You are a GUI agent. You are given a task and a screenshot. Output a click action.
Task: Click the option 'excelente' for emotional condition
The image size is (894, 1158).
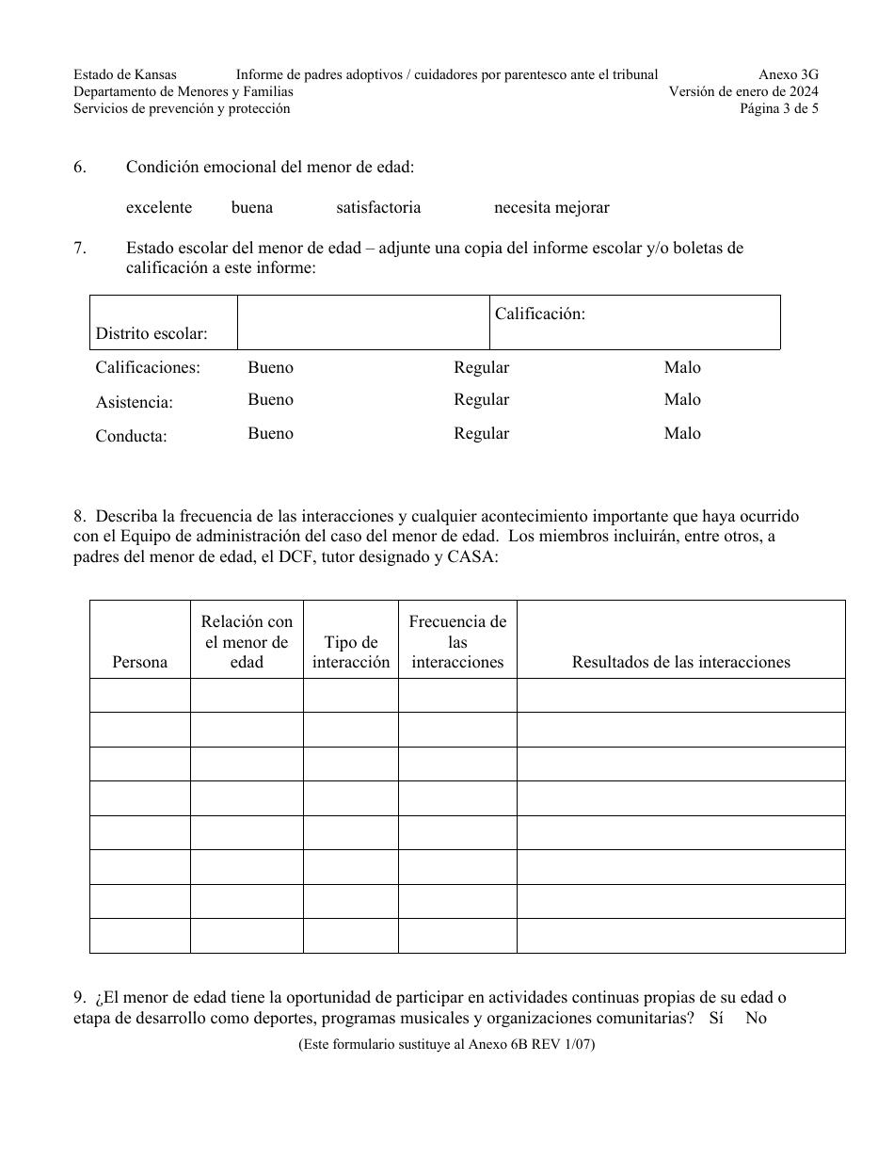point(159,207)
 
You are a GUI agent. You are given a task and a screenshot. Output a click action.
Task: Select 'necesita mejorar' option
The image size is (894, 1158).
point(551,207)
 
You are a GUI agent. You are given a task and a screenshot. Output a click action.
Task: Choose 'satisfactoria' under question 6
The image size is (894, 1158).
point(378,207)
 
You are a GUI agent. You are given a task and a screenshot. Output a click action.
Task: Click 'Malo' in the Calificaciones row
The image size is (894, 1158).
point(682,367)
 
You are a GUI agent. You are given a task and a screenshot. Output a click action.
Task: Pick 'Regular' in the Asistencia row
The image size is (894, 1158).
point(481,400)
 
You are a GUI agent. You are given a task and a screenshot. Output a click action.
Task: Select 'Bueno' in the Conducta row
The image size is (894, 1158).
point(270,434)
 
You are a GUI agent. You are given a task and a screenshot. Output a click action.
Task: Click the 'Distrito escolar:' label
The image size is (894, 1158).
point(152,333)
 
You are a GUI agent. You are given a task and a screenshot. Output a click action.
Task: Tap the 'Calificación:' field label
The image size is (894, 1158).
point(540,314)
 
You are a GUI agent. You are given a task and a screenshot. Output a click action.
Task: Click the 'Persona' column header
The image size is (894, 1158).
point(139,662)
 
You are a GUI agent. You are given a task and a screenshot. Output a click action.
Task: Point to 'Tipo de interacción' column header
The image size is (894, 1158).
point(351,651)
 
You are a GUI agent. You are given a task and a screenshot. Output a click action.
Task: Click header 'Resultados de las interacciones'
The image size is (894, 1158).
point(680,662)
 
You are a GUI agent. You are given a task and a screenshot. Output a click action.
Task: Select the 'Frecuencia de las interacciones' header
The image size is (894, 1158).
point(457,641)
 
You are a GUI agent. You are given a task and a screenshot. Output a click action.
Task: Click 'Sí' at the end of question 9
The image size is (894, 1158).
point(716,1018)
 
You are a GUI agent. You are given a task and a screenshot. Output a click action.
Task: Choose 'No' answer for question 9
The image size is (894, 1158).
point(756,1018)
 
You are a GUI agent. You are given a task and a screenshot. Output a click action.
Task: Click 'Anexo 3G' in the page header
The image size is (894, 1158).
point(788,74)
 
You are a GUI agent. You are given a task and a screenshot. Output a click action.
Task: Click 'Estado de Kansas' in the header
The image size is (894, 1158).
point(125,74)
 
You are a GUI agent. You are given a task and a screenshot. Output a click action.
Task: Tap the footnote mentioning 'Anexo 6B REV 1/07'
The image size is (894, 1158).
point(446,1044)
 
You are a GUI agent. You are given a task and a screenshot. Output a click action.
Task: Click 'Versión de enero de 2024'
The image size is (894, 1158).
point(742,91)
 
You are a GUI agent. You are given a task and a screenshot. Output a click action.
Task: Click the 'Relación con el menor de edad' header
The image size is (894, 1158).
point(247,641)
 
